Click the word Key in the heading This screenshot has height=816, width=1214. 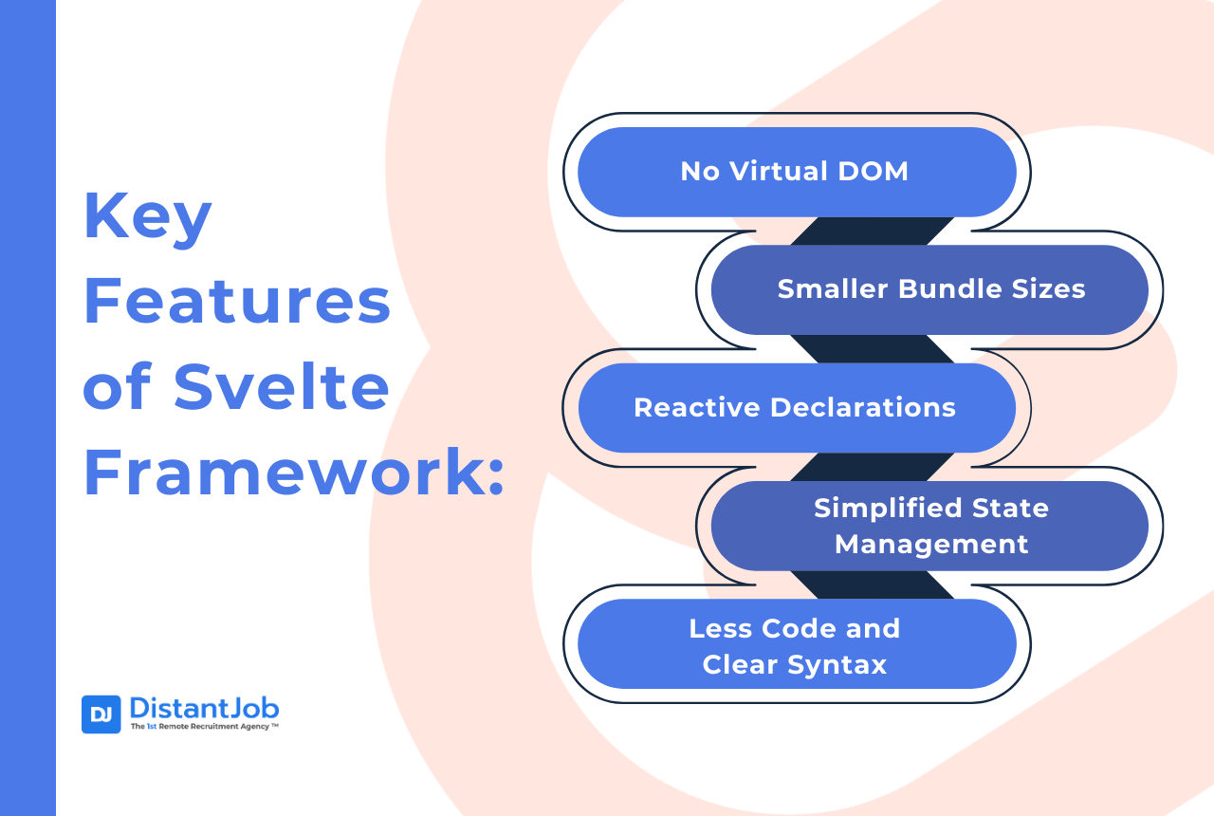(x=147, y=218)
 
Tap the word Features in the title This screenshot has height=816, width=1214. (x=237, y=301)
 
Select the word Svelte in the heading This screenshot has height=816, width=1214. (x=282, y=386)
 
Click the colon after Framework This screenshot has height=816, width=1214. (x=496, y=477)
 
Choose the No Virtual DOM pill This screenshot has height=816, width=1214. (x=797, y=172)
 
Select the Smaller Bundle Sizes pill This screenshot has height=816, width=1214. (x=930, y=289)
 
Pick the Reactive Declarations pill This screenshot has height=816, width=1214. (x=797, y=408)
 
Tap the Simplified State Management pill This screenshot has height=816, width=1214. (x=930, y=526)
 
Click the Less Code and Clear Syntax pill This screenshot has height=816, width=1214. (x=797, y=644)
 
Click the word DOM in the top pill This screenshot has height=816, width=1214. (x=874, y=172)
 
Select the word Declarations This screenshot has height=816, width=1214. (x=863, y=407)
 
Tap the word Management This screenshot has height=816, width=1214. (x=931, y=545)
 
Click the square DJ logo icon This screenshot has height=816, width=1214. (x=101, y=714)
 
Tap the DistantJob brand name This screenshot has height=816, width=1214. (x=204, y=708)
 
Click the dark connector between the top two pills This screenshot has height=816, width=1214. (x=872, y=231)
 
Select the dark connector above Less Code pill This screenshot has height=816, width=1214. (x=872, y=585)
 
